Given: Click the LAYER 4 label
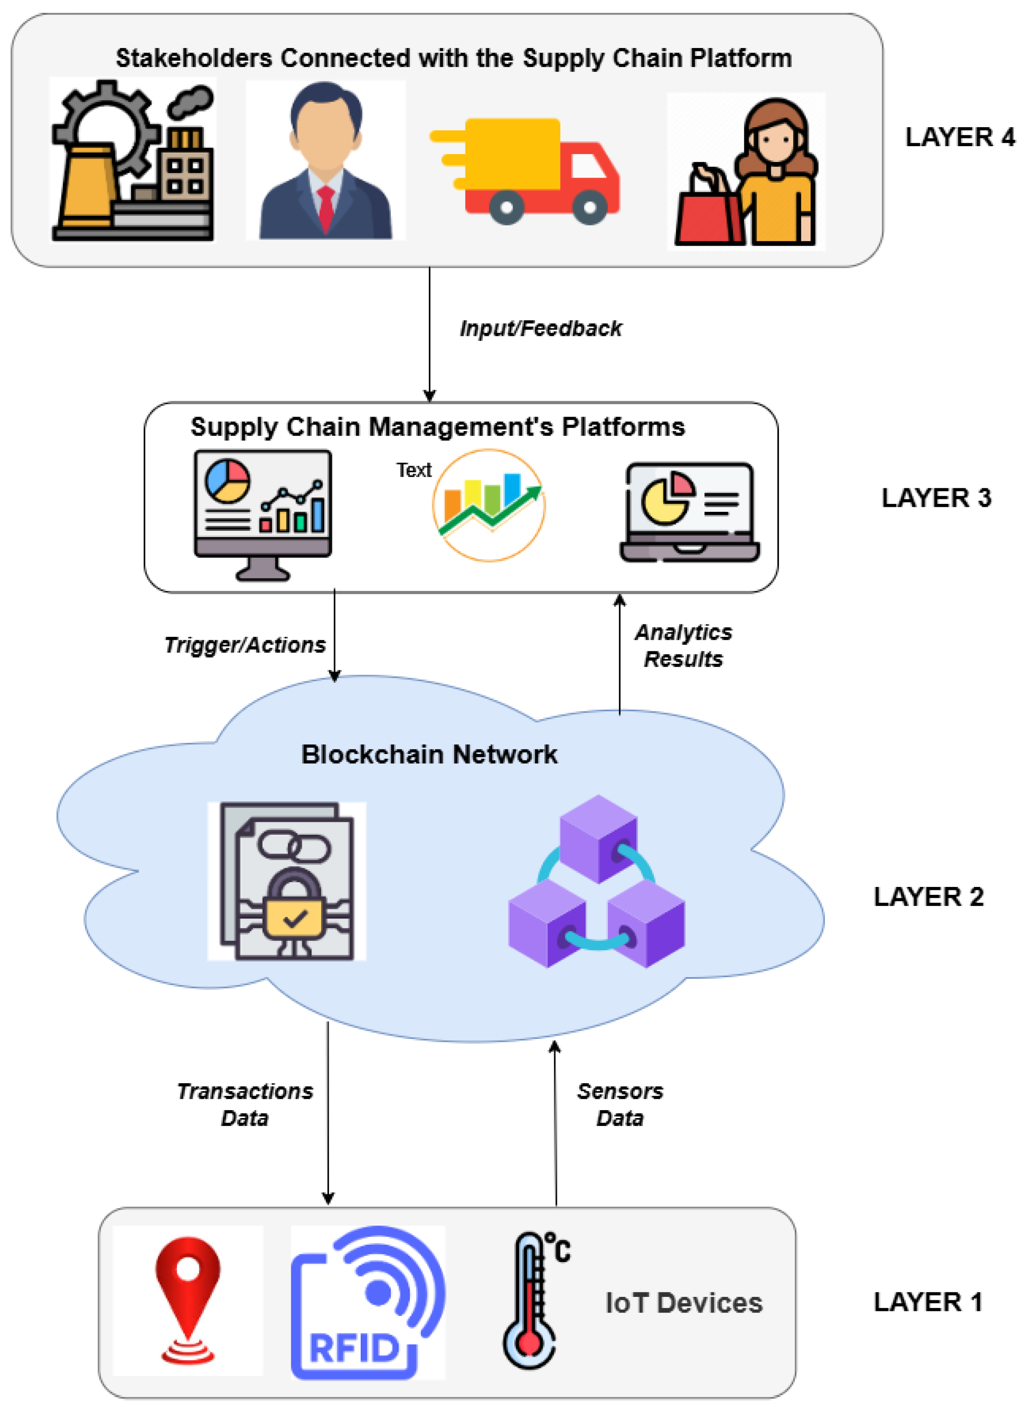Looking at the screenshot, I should (x=959, y=137).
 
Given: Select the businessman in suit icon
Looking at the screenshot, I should (x=325, y=162).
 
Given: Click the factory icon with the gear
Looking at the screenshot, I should (x=133, y=161).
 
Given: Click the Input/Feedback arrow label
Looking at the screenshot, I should (x=540, y=329).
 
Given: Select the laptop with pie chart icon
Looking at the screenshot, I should (x=690, y=511).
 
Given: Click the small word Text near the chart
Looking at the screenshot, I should (x=414, y=470).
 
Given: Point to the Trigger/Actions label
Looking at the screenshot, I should (x=244, y=645).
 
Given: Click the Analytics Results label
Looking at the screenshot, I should (x=683, y=646).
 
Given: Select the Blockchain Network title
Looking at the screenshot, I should (x=429, y=754).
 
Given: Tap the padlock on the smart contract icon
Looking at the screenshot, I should (x=294, y=905).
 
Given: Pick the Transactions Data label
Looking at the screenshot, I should (x=244, y=1104).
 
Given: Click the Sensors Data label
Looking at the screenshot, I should (x=620, y=1104).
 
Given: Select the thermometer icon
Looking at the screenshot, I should (x=530, y=1300).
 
